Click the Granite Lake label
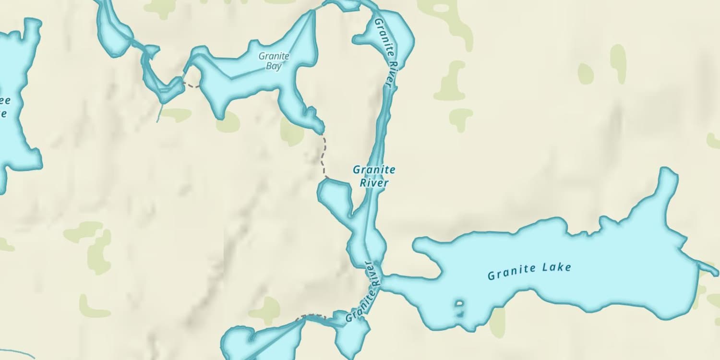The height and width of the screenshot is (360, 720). [x=529, y=271]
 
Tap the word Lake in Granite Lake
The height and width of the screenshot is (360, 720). [x=557, y=268]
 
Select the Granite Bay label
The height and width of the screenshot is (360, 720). [x=274, y=61]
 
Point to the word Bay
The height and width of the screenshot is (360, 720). [x=274, y=66]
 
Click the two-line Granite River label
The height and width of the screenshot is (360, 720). [x=374, y=176]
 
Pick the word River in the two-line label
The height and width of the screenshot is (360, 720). [x=374, y=182]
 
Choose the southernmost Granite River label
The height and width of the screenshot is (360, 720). [x=364, y=292]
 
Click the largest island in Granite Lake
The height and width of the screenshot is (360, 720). [x=459, y=303]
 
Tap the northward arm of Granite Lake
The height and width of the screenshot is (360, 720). [x=666, y=187]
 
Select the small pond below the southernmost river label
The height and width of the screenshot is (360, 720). [x=353, y=336]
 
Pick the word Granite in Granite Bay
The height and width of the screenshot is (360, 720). [x=274, y=56]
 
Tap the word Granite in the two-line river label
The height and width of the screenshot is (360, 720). [x=374, y=169]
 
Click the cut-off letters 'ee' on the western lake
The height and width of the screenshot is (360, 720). [x=5, y=101]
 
